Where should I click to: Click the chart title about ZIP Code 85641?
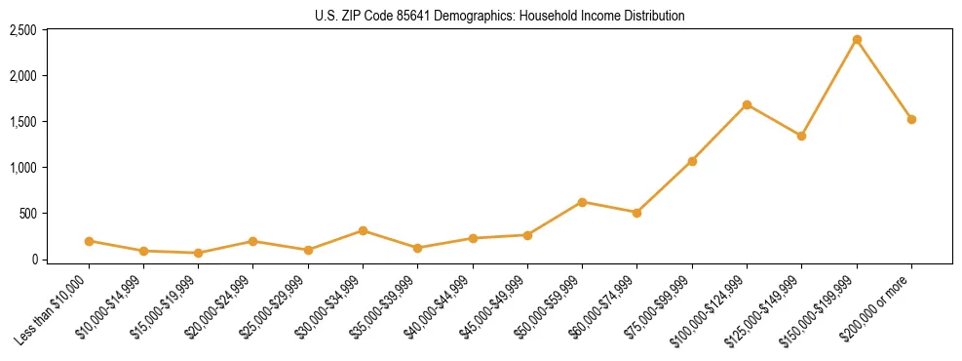click(499, 16)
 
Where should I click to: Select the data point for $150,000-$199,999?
click(857, 40)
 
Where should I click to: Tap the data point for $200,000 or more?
click(911, 119)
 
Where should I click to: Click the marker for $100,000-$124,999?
click(747, 104)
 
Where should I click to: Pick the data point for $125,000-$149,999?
click(801, 136)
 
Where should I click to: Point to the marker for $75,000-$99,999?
click(692, 161)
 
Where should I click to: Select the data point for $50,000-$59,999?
click(582, 202)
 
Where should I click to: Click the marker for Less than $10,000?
click(89, 241)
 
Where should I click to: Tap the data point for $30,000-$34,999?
click(363, 231)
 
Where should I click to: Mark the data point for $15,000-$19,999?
click(198, 253)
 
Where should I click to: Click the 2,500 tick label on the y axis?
click(22, 30)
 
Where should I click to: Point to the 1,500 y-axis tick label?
click(22, 122)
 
